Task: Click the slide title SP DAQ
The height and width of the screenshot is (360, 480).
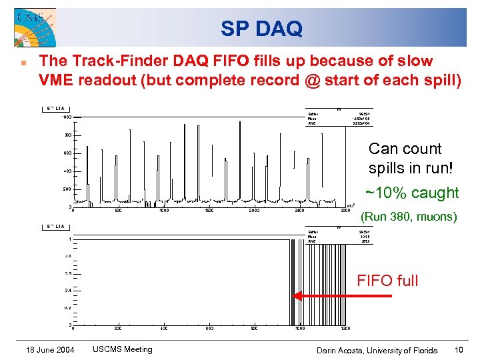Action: coord(261,29)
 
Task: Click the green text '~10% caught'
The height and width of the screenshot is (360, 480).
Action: coord(412,193)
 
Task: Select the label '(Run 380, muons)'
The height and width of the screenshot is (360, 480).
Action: coord(409,217)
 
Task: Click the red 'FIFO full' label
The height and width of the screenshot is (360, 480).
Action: coord(387,281)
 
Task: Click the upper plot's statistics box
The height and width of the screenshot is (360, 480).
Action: coord(338,118)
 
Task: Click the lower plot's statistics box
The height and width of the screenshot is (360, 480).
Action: coord(338,236)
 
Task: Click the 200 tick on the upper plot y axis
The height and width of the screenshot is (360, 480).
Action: coord(67,189)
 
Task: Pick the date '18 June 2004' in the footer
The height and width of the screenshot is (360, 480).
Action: coord(51,350)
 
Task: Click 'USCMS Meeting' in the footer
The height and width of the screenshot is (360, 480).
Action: coord(122,349)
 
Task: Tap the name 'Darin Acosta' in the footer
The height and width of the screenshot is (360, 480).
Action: coord(341,350)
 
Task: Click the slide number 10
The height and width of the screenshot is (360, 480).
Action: coord(459,350)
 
